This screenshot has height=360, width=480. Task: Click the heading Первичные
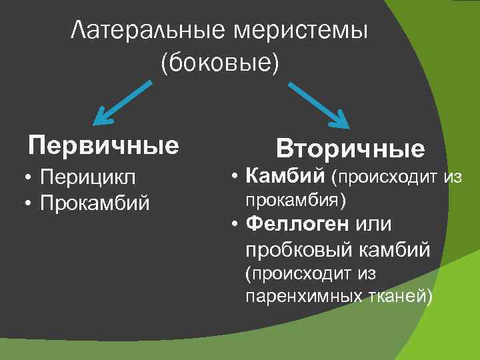click(103, 145)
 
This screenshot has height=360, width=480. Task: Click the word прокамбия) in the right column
click(296, 199)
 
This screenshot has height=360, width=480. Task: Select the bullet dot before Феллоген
click(235, 225)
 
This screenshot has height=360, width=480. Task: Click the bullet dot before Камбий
click(235, 176)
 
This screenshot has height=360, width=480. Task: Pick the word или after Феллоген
click(375, 224)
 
